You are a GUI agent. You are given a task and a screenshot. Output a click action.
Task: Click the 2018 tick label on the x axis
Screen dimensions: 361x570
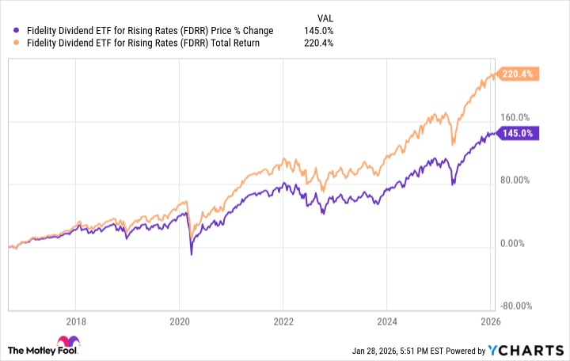coord(75,321)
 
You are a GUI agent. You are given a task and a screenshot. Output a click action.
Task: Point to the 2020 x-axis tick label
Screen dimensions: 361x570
coord(180,321)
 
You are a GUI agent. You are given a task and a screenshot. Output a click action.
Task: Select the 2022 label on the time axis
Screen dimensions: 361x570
coord(283,321)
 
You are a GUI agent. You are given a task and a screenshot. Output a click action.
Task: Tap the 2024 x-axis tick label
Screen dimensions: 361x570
coord(386,321)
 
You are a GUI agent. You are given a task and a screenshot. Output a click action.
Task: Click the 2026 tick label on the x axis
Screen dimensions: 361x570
coord(491,321)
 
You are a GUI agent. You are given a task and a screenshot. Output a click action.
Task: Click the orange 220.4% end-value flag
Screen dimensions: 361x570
coord(518,74)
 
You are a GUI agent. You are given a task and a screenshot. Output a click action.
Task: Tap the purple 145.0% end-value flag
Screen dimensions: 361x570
coord(518,133)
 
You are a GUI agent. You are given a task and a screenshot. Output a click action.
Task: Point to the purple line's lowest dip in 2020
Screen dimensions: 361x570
coord(191,254)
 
